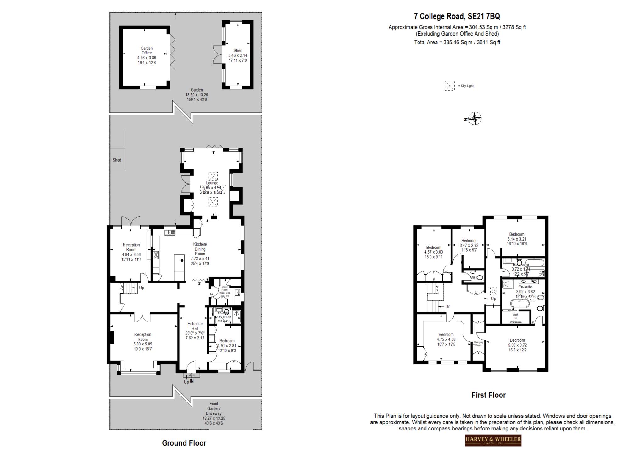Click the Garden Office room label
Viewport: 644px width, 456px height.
(x=147, y=55)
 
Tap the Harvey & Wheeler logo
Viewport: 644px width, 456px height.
(x=493, y=440)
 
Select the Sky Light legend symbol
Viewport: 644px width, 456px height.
(x=449, y=86)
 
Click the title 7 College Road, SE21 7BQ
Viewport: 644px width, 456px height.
(x=457, y=16)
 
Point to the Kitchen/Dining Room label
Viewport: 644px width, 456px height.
(x=200, y=254)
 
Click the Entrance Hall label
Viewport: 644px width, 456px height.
(x=195, y=331)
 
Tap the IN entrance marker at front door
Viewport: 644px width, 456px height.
(x=192, y=381)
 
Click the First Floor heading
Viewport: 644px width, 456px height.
(x=488, y=395)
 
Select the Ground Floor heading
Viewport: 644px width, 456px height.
(x=184, y=443)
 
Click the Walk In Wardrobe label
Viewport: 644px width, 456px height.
(x=515, y=318)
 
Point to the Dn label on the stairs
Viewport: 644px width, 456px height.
(x=448, y=306)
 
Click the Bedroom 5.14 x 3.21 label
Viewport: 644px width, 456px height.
(x=517, y=239)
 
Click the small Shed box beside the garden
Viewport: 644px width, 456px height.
(x=117, y=160)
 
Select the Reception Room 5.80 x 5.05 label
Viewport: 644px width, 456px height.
(x=142, y=341)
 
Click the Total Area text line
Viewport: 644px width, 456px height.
(x=457, y=42)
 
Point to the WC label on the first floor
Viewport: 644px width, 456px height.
(x=473, y=277)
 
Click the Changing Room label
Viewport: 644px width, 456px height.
(x=478, y=343)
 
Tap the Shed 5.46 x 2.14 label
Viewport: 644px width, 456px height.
(x=238, y=55)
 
